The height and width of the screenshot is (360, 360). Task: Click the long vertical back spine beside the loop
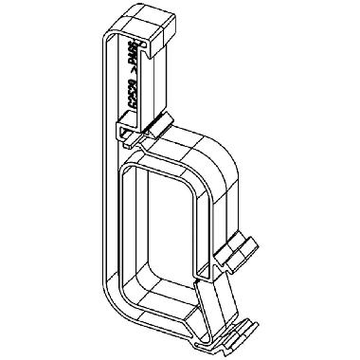pos(102,189)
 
